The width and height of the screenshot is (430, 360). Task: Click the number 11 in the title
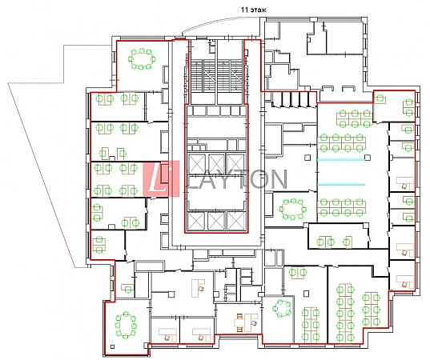coord(244,10)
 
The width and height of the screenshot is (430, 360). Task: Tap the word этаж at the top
coord(257,10)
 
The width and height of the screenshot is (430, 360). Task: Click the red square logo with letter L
coord(161,178)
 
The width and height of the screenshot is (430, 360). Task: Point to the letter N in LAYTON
coord(276,179)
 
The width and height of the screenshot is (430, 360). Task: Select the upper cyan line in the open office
coord(341,159)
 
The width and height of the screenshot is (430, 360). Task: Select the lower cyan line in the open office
coord(341,184)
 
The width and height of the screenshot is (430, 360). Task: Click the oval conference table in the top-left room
coord(142,59)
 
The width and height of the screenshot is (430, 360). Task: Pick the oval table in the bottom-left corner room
coord(126,326)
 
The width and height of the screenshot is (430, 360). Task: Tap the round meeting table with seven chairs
coord(282,308)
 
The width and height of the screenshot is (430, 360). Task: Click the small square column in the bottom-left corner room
coord(112,346)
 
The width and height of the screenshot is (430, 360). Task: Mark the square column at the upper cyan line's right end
coord(368,158)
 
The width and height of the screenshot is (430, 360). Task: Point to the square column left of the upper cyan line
coord(307,158)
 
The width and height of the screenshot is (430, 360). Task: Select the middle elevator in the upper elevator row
coord(216,163)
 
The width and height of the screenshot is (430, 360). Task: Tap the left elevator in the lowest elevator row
coord(197,221)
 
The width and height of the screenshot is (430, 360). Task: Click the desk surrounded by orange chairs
coord(246,323)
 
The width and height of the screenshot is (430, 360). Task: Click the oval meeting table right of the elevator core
coord(293,210)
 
